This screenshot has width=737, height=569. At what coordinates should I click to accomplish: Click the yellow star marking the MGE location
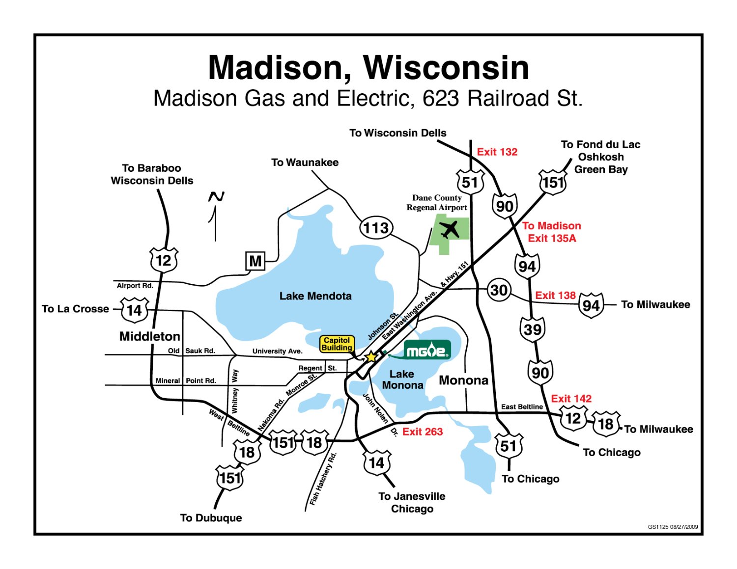click(x=371, y=357)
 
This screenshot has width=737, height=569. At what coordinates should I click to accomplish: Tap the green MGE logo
click(x=427, y=350)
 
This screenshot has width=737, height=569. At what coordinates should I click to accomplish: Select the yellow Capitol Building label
click(x=337, y=344)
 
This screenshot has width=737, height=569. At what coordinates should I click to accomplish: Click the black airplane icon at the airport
click(x=450, y=229)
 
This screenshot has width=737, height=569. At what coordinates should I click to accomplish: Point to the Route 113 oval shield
click(x=376, y=228)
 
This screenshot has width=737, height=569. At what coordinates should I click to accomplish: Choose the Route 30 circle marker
click(x=499, y=290)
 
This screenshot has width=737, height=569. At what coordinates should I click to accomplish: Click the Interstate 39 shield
click(x=533, y=329)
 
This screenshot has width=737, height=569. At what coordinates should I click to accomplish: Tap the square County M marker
click(x=255, y=261)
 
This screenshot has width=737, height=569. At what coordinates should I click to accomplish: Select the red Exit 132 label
click(x=497, y=152)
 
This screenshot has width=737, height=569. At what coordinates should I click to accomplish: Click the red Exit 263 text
click(x=423, y=432)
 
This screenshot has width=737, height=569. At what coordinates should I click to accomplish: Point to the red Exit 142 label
click(x=571, y=399)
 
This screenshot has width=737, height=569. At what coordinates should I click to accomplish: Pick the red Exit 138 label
click(x=555, y=296)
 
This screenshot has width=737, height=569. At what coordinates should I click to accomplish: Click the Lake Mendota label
click(x=315, y=296)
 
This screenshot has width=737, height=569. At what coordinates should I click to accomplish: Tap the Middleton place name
click(x=150, y=336)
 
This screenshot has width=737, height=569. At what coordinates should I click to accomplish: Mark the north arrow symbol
click(x=215, y=216)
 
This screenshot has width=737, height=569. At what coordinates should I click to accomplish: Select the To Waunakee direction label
click(x=305, y=163)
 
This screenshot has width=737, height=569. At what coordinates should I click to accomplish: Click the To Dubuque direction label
click(x=211, y=518)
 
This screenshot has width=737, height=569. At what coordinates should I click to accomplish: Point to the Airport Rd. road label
click(x=135, y=286)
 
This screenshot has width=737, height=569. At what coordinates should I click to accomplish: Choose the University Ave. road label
click(x=277, y=351)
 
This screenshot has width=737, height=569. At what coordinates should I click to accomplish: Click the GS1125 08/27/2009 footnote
click(x=673, y=527)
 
